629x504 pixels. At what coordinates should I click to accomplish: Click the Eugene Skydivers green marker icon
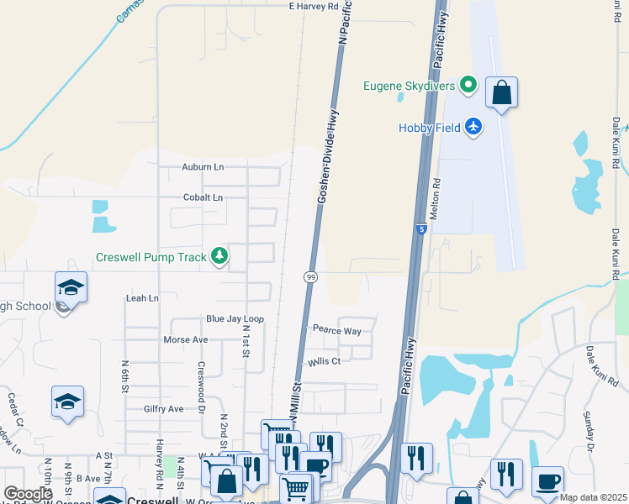coord(468,85)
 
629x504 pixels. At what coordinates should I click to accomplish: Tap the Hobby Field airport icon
coord(474,127)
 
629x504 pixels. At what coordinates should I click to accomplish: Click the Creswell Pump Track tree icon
coord(219,256)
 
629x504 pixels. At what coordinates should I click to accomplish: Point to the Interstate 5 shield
coord(421,228)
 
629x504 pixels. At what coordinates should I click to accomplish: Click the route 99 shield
coord(310,276)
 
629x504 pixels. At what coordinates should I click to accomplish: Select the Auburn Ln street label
coord(203,167)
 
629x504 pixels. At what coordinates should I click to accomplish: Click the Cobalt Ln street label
coord(203,198)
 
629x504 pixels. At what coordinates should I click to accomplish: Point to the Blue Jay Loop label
coord(235,319)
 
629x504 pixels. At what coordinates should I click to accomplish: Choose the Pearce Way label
coord(336,331)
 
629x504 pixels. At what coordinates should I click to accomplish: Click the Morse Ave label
coord(185,340)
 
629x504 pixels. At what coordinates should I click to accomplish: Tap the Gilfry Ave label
coord(163,409)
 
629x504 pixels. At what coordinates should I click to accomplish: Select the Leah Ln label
coord(141,298)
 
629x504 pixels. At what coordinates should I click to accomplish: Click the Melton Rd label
coord(436,193)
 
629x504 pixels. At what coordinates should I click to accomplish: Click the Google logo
coord(27,494)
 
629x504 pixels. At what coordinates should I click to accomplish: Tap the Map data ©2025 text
coord(593,497)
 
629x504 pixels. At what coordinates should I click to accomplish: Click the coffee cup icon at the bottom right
coord(547,481)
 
